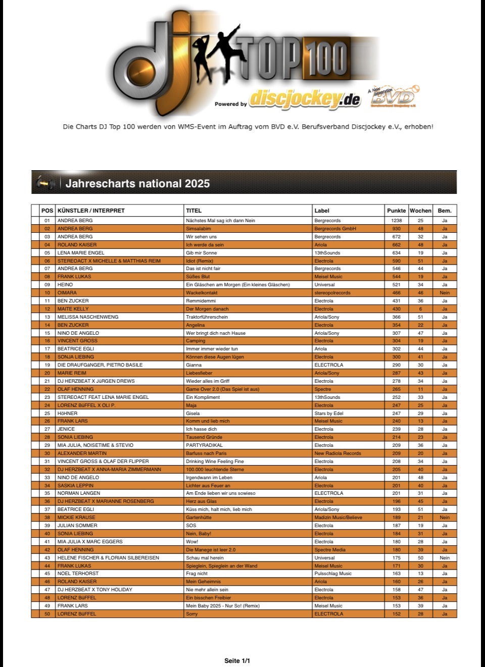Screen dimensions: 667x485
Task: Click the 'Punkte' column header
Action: [x=396, y=211]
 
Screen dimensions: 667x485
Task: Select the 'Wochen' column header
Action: [x=420, y=211]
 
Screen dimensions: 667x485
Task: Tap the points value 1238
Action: [x=396, y=221]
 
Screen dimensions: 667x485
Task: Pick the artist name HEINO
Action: [x=65, y=285]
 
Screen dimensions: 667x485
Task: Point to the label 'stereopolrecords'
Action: [x=332, y=293]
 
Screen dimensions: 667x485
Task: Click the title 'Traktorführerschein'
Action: [x=207, y=317]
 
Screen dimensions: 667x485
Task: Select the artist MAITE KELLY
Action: [x=73, y=309]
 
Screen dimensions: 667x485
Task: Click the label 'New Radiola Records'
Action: [x=337, y=453]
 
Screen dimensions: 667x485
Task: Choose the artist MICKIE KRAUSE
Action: [x=76, y=518]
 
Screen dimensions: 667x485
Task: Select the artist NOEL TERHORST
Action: [x=78, y=574]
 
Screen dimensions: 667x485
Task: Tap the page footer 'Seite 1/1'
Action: [x=237, y=660]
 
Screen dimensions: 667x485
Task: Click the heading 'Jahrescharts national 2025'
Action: [x=137, y=183]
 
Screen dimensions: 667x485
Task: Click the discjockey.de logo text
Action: [x=304, y=99]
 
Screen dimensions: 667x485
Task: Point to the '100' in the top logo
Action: [x=326, y=59]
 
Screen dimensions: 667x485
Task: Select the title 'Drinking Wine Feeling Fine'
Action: [x=215, y=461]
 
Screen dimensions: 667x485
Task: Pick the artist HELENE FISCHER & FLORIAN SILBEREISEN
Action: [x=108, y=558]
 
